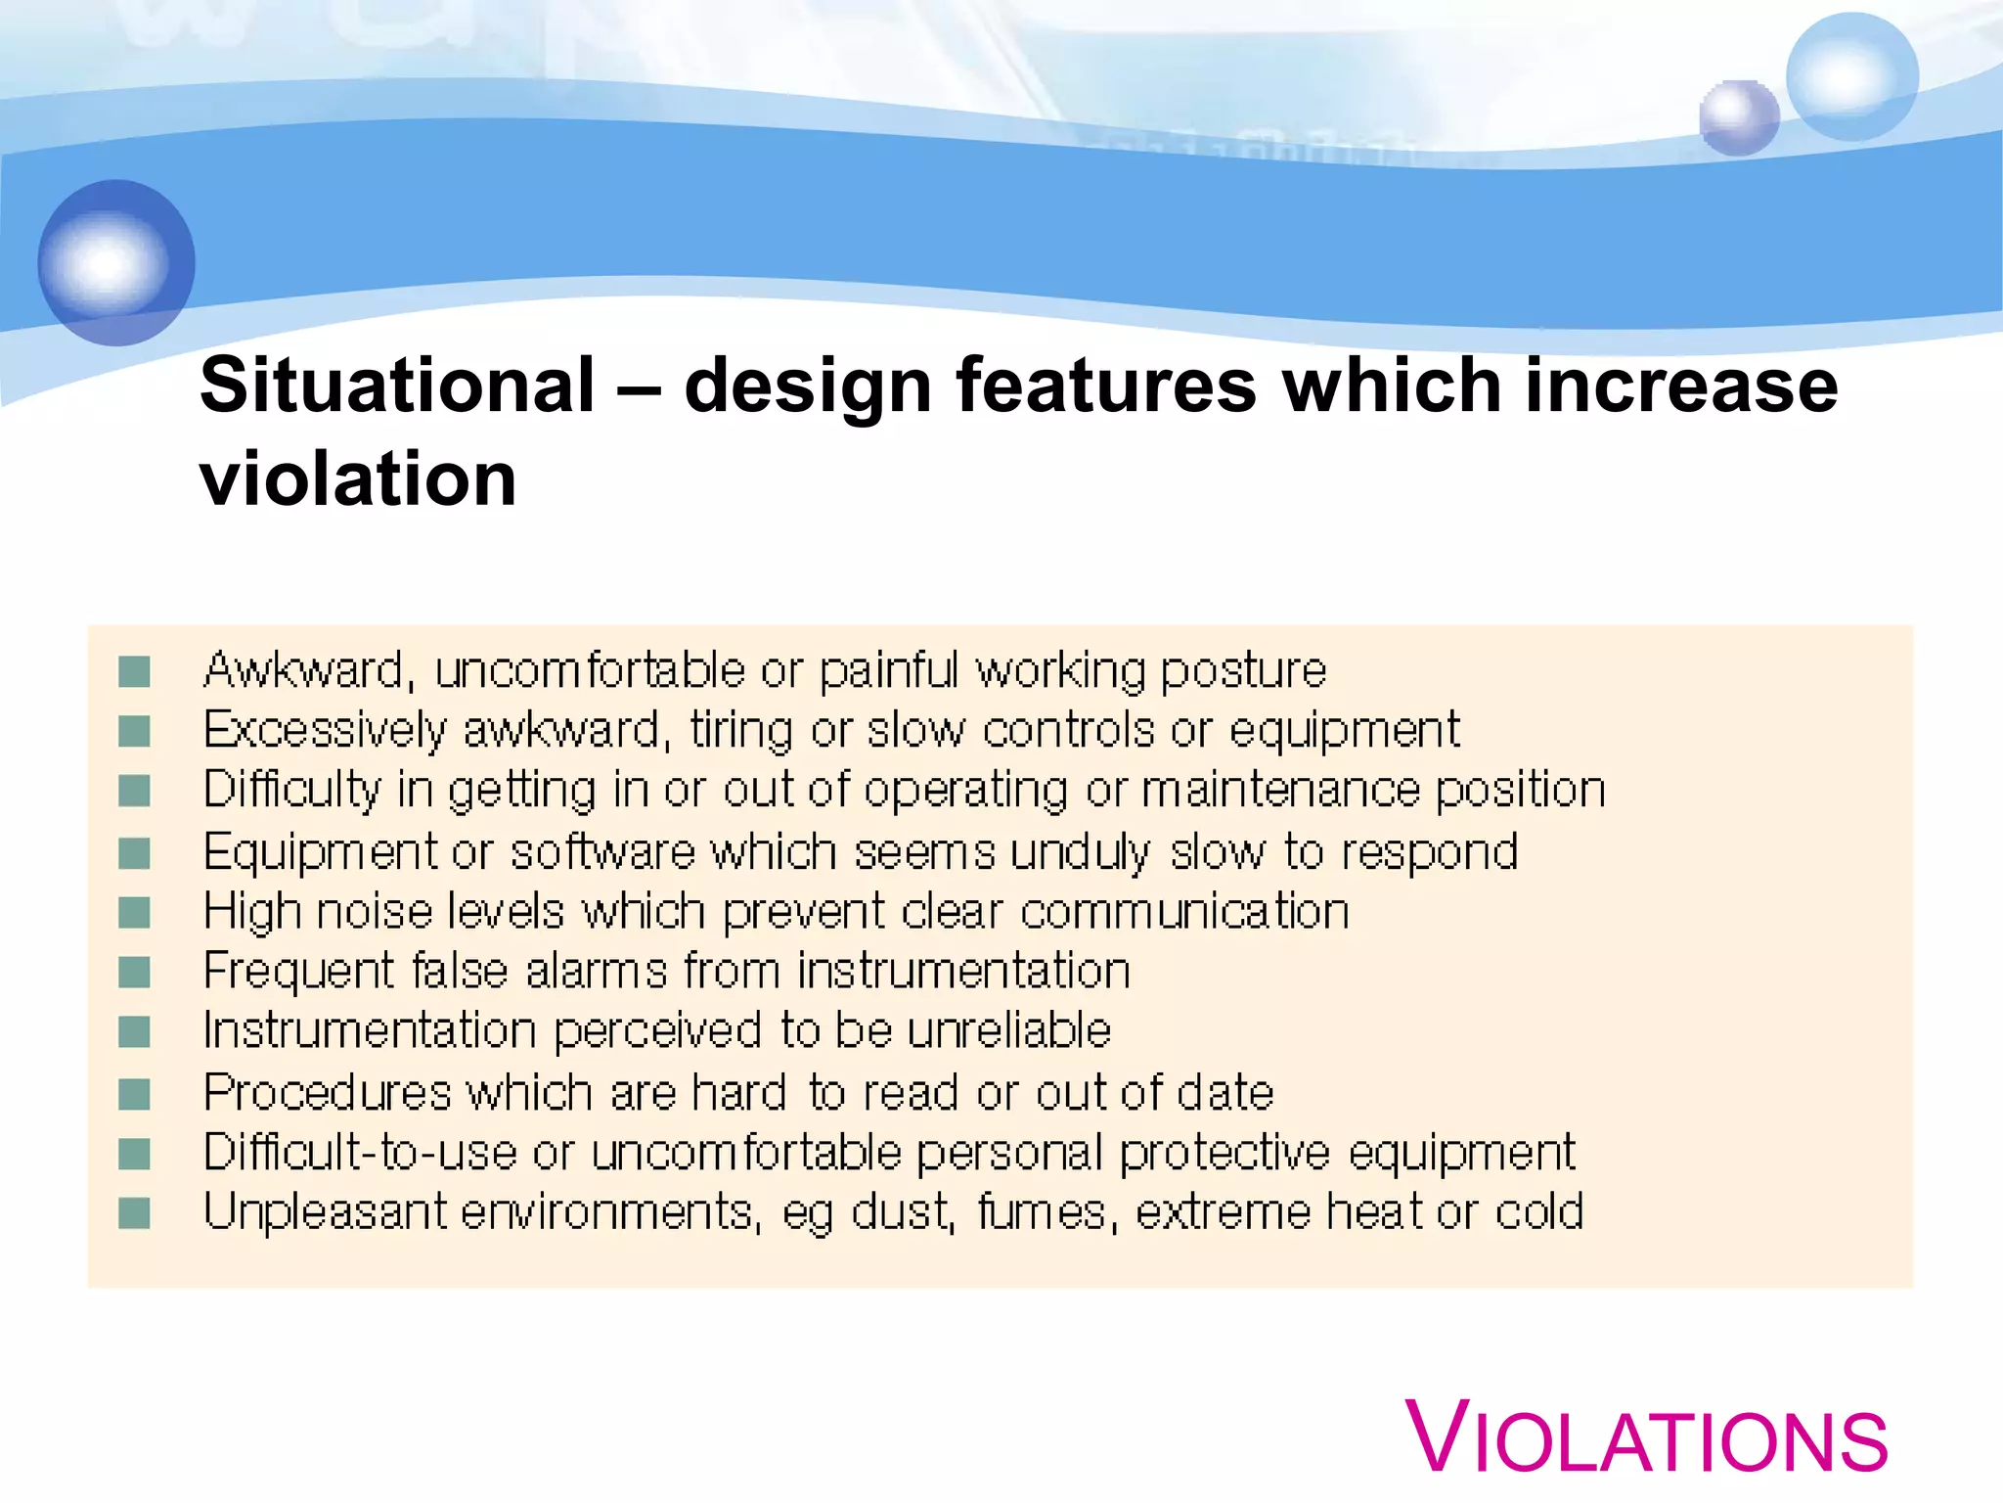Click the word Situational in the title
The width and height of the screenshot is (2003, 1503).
[397, 386]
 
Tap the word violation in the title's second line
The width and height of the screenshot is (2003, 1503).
[358, 479]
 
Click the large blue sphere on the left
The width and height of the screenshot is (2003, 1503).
[116, 262]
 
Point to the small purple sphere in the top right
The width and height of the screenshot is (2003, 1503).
[1738, 118]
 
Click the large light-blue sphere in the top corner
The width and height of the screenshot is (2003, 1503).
[1851, 76]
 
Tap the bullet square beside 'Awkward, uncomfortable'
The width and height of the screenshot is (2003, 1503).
[134, 672]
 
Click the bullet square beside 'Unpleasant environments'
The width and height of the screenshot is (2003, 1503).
[134, 1213]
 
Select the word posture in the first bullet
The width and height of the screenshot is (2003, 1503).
[1243, 671]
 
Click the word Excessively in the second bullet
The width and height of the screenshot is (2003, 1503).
[325, 731]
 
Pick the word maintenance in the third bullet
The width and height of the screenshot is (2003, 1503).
[1280, 791]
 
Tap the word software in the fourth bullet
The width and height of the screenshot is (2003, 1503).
[602, 852]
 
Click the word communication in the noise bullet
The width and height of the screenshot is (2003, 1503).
[1184, 912]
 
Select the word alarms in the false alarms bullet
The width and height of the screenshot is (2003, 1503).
[596, 972]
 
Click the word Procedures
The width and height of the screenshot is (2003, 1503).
[328, 1093]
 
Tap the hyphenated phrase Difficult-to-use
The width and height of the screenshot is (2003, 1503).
[360, 1153]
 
